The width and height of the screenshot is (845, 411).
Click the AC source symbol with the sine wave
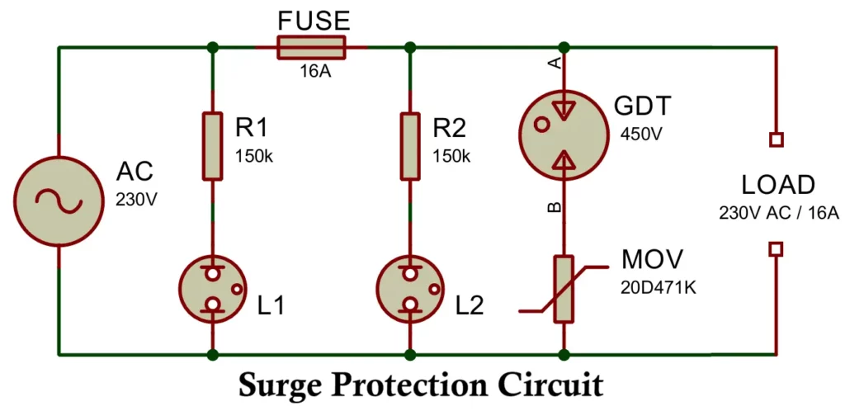[x=59, y=201]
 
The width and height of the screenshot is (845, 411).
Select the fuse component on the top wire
[x=311, y=47]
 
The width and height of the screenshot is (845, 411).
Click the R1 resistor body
[x=213, y=146]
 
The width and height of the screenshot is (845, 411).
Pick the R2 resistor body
[x=409, y=146]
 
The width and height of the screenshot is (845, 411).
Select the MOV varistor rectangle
[x=564, y=289]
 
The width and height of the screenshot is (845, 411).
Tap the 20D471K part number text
[x=658, y=288]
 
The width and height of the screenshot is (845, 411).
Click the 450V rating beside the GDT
[x=640, y=134]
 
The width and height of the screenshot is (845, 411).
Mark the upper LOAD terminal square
[x=776, y=140]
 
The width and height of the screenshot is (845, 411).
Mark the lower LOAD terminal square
[x=776, y=248]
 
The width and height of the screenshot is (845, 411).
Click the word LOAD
[x=777, y=185]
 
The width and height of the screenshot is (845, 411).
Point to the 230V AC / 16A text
[x=778, y=213]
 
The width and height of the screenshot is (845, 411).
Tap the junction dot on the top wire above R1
[x=213, y=47]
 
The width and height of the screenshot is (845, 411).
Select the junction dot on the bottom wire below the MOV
[x=564, y=355]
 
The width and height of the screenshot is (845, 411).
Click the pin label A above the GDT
[x=555, y=63]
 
